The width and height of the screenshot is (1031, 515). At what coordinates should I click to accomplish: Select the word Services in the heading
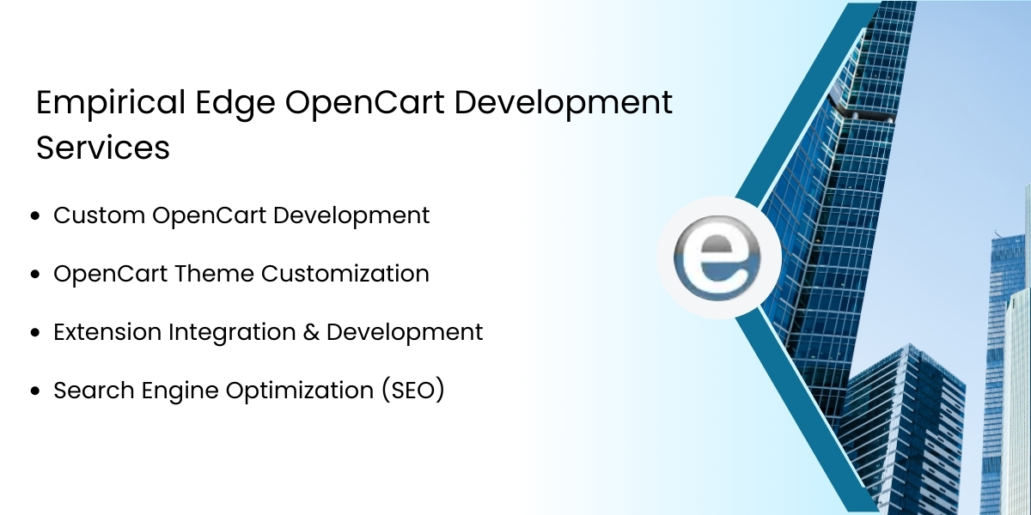tap(103, 148)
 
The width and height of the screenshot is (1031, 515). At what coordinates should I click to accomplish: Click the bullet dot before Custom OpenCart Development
tap(35, 216)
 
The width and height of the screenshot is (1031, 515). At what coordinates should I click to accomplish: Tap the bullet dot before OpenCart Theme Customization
tap(35, 275)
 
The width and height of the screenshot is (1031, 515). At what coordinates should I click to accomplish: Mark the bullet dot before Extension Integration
tap(35, 333)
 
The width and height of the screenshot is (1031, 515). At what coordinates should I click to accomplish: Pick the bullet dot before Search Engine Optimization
tap(35, 391)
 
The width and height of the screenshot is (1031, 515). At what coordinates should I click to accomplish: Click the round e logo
tap(720, 257)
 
